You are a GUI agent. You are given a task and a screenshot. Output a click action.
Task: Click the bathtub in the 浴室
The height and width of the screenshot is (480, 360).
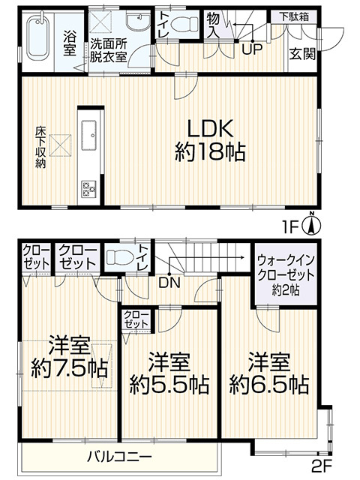tap(37, 39)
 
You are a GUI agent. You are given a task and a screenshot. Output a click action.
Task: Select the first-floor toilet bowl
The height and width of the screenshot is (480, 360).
tap(184, 23)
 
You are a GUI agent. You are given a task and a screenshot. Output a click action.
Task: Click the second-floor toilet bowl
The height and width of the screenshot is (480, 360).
tap(120, 257)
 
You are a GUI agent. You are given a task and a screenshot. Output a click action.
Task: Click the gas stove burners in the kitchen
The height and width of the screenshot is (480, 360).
tap(88, 188)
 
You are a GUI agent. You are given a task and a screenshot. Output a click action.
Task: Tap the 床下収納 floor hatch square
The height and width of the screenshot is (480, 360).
tap(60, 145)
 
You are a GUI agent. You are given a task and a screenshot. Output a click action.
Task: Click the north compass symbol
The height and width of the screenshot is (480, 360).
tap(312, 225)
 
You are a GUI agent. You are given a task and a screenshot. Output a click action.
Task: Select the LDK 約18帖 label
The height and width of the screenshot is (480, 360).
tap(210, 140)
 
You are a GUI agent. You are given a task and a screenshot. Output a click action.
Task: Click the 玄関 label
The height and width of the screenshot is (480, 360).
tap(302, 54)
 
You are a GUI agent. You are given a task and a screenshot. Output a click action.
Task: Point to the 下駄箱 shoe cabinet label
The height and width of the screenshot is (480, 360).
tap(294, 16)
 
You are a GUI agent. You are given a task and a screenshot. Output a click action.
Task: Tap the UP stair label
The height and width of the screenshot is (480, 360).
tap(252, 49)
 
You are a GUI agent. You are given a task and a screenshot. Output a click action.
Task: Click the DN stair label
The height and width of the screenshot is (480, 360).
tap(169, 283)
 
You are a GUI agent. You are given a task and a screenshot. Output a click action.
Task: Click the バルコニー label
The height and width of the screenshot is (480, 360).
tap(119, 457)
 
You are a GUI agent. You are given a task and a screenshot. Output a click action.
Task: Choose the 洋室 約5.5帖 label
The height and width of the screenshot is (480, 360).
tap(169, 373)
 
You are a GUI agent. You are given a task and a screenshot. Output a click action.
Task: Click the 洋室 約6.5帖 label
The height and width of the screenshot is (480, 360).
tap(269, 373)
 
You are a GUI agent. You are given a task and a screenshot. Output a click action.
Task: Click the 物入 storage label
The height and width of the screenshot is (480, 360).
tap(213, 25)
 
